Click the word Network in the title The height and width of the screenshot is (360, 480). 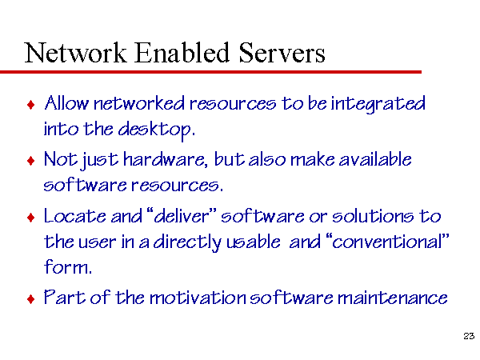point(75,52)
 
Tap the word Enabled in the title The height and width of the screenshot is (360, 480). point(182,52)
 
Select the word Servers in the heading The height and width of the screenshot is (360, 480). point(282,53)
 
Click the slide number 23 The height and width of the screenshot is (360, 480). point(469,336)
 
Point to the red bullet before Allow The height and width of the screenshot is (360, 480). point(31,105)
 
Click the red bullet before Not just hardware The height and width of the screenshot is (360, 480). point(31,161)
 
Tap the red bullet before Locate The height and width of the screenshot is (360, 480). point(31,218)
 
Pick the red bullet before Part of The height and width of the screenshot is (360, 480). point(31,298)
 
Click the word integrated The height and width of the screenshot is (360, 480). point(378,104)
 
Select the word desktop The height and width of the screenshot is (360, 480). point(157,130)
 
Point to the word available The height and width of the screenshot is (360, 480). point(375,159)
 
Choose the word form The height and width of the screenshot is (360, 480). point(68,266)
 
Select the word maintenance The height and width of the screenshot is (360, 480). point(393,298)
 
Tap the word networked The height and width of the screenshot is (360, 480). point(139,103)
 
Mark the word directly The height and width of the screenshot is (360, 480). point(187,242)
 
